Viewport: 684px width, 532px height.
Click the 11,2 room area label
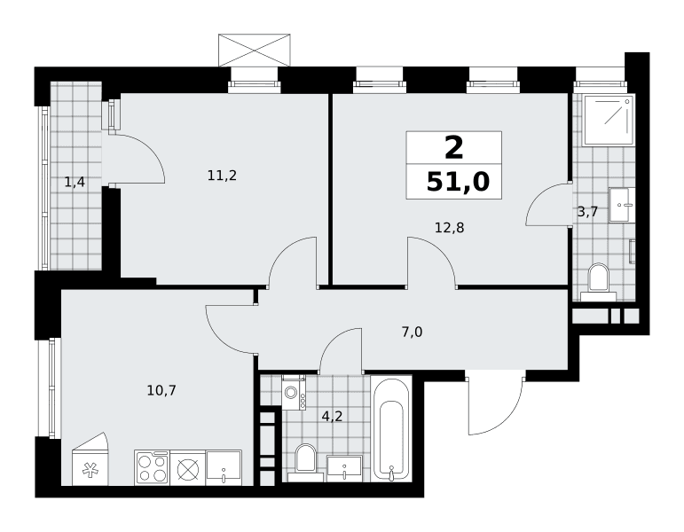(222, 176)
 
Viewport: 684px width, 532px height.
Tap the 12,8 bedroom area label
(449, 227)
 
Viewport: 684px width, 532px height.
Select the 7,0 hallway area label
(412, 332)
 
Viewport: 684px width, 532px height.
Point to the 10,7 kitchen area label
(161, 390)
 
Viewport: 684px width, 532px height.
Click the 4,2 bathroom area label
(332, 417)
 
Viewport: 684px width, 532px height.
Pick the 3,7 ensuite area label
(587, 213)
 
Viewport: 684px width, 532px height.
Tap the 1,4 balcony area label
(75, 182)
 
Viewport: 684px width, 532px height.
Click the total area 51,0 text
(458, 182)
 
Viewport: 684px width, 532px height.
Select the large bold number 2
(453, 148)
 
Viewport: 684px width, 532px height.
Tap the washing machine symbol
(294, 393)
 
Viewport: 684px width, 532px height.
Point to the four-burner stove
(153, 468)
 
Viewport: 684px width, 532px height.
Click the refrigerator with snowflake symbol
(90, 460)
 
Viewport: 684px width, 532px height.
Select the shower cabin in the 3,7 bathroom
(609, 119)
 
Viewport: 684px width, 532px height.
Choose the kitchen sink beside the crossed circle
(224, 467)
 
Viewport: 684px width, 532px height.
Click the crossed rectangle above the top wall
(255, 51)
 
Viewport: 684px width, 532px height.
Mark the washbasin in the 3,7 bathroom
(621, 205)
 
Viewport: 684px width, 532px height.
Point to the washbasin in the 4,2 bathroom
(344, 469)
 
